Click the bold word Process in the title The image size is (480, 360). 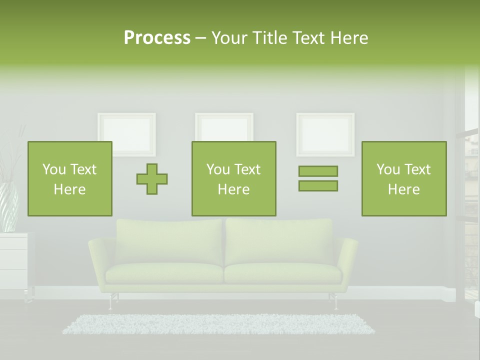(157, 38)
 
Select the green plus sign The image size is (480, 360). (152, 178)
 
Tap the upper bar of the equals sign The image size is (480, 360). (318, 171)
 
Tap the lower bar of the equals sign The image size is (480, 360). (318, 185)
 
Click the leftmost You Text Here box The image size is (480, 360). (70, 178)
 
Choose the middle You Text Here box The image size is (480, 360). (234, 178)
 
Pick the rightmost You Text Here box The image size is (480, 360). (404, 178)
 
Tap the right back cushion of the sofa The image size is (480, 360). (279, 241)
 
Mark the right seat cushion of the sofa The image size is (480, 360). (282, 273)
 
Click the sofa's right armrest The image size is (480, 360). (347, 260)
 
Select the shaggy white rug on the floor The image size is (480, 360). (218, 324)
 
